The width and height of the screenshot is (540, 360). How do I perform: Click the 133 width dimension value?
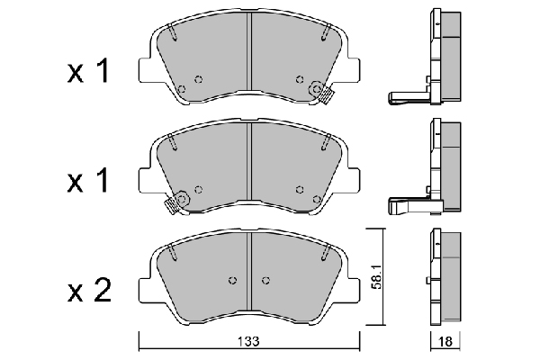[x=248, y=342]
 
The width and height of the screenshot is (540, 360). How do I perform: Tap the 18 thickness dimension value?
[x=445, y=342]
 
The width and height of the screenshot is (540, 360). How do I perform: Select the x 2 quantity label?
[x=89, y=291]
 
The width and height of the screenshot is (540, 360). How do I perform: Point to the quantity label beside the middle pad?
[x=88, y=180]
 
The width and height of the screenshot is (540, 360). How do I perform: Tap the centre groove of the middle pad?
[x=249, y=161]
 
